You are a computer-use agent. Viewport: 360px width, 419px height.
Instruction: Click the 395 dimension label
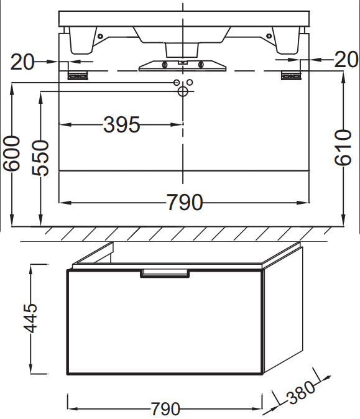(122, 124)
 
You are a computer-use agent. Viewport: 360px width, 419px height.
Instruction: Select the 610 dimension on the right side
(343, 147)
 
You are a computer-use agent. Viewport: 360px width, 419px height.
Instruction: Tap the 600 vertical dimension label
(11, 153)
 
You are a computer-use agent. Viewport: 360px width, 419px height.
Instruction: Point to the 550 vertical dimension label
(40, 158)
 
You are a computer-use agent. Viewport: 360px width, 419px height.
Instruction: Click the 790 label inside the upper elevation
(185, 202)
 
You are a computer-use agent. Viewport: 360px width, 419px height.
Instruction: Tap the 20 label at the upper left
(22, 62)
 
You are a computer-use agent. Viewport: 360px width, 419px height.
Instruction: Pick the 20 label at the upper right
(346, 59)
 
